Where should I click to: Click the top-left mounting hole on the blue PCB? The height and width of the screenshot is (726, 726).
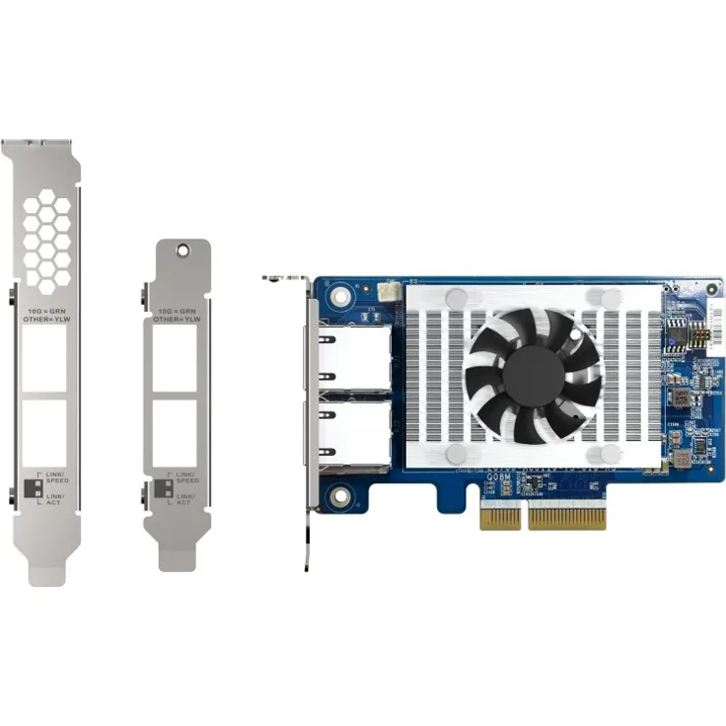click(341, 294)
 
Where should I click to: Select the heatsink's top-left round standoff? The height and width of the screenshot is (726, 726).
click(456, 298)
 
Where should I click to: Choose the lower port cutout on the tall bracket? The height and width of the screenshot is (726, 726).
click(45, 432)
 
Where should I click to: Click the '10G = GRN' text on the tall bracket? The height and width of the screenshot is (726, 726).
click(46, 309)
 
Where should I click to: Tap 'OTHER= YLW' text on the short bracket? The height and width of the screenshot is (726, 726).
click(178, 319)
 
